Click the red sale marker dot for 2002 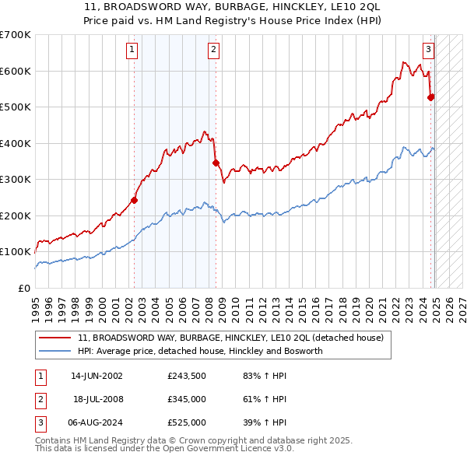coord(134,200)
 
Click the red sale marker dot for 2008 coord(216,163)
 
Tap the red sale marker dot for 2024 coord(431,97)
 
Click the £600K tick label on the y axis coord(15,71)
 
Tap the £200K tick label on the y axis coord(15,215)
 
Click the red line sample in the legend coord(55,338)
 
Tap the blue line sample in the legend coord(55,351)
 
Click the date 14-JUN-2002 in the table coord(97,376)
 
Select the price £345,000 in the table coord(187,399)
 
